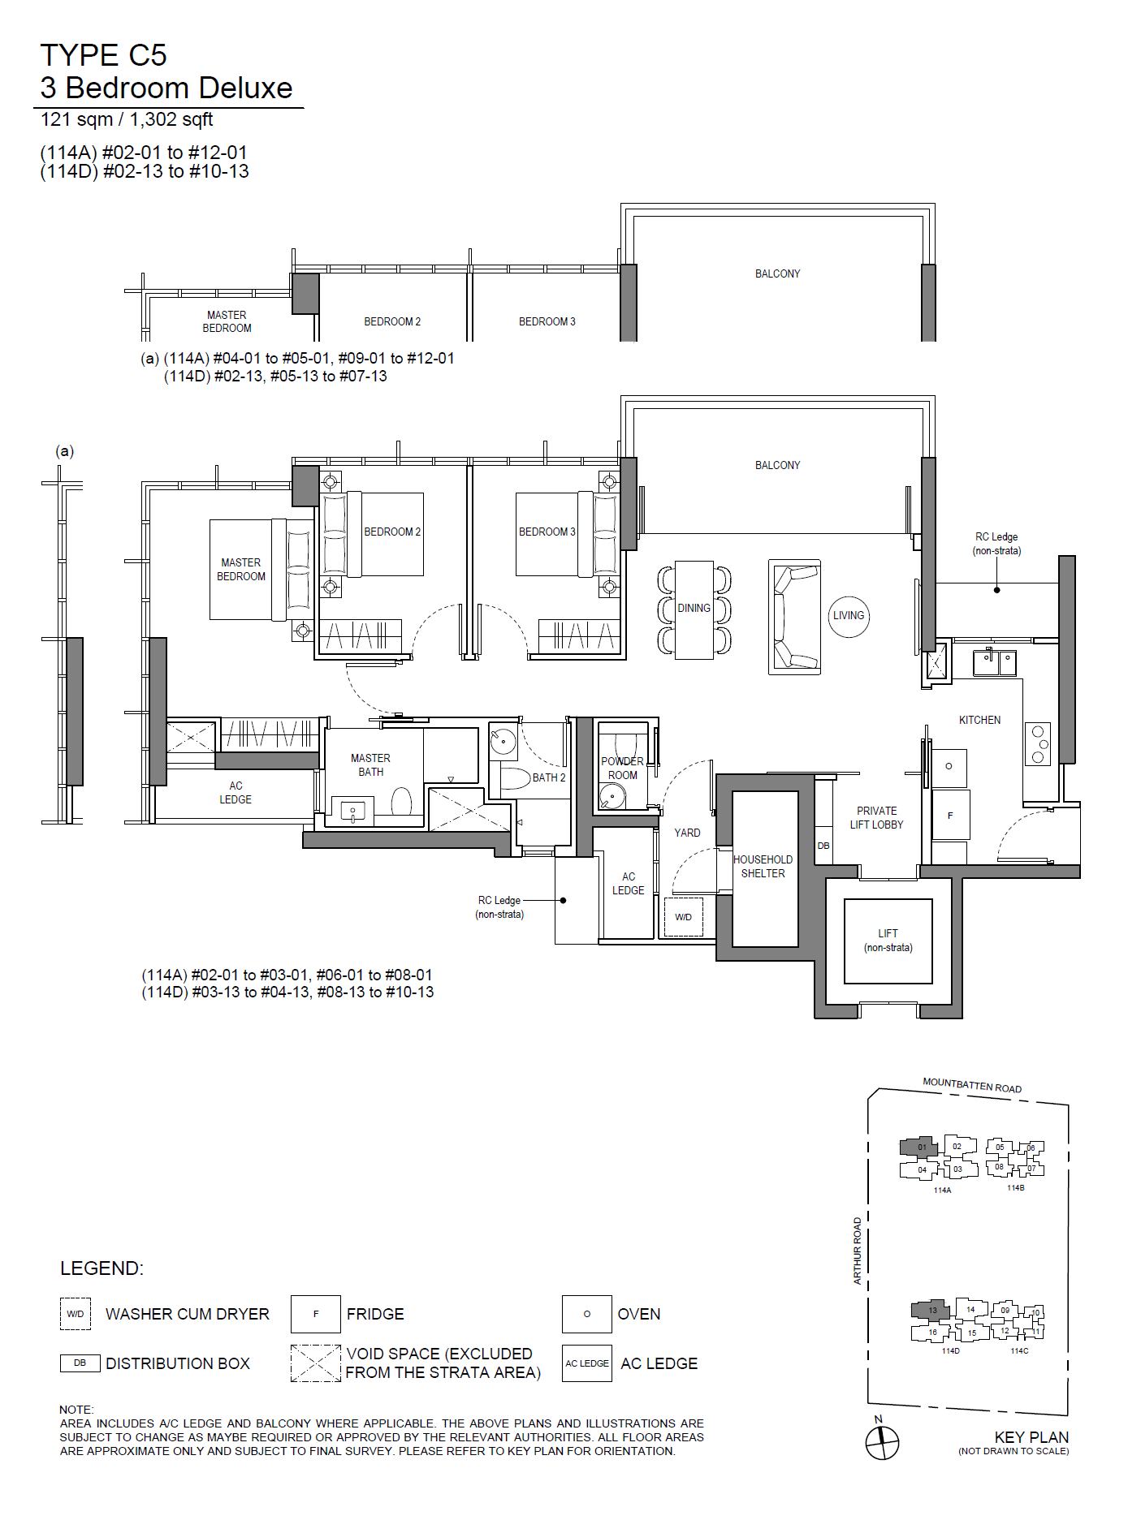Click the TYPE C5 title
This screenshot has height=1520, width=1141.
pyautogui.click(x=103, y=55)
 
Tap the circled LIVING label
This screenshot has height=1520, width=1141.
pyautogui.click(x=849, y=616)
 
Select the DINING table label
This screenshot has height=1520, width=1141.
pyautogui.click(x=694, y=608)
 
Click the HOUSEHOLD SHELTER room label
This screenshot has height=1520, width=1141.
pyautogui.click(x=763, y=866)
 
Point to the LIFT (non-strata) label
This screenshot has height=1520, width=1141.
pyautogui.click(x=888, y=941)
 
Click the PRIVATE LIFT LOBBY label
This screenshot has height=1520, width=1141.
pyautogui.click(x=877, y=817)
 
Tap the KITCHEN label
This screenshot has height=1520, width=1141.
pyautogui.click(x=980, y=720)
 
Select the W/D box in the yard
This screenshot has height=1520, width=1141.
pyautogui.click(x=684, y=917)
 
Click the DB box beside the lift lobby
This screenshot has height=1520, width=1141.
pyautogui.click(x=823, y=845)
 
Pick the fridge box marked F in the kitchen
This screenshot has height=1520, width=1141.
pyautogui.click(x=950, y=815)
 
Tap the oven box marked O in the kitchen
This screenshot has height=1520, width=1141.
pyautogui.click(x=949, y=766)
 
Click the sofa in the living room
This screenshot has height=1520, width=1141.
pyautogui.click(x=794, y=617)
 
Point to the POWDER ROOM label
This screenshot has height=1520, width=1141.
pyautogui.click(x=623, y=768)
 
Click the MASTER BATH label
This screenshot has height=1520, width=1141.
pyautogui.click(x=371, y=764)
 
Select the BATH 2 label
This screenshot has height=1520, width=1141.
pyautogui.click(x=549, y=777)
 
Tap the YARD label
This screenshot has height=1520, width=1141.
pyautogui.click(x=687, y=833)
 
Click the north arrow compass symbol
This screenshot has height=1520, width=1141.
pyautogui.click(x=882, y=1442)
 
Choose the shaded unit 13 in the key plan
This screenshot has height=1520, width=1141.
pyautogui.click(x=931, y=1309)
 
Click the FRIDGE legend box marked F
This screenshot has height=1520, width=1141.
pyautogui.click(x=316, y=1314)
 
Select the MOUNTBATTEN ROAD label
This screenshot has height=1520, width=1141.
pyautogui.click(x=972, y=1085)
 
